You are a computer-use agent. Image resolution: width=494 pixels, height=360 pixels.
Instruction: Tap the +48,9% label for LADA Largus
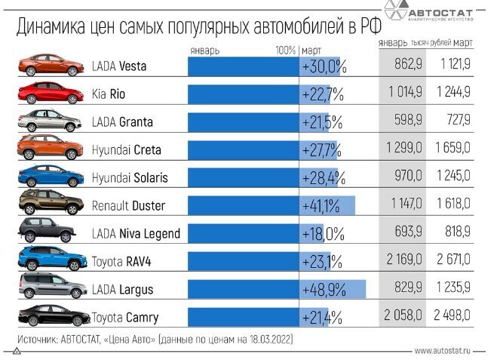(x=324, y=290)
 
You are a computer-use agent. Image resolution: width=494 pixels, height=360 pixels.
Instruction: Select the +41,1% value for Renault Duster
(x=321, y=205)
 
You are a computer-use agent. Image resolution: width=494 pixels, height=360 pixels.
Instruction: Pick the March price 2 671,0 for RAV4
(x=453, y=260)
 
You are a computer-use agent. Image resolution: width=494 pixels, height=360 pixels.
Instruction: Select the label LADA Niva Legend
(x=136, y=233)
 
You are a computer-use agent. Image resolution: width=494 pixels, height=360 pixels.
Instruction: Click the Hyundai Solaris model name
(x=129, y=177)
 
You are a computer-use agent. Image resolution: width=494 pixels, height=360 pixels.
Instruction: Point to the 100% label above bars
(x=285, y=51)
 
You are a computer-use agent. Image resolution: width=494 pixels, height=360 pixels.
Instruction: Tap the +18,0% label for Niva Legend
(x=323, y=233)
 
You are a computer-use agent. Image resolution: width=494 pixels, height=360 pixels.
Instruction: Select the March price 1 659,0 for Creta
(x=453, y=149)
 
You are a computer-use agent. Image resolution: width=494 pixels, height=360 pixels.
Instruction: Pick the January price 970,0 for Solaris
(x=407, y=177)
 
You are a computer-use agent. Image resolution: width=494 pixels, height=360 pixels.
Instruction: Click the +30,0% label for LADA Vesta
(x=324, y=66)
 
